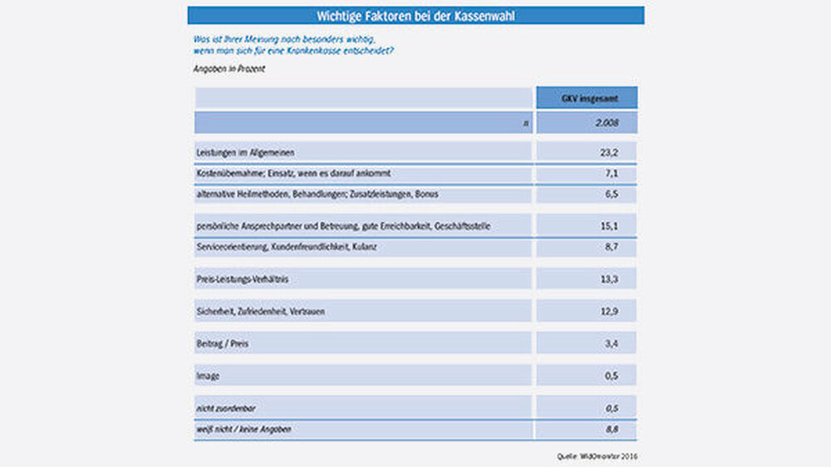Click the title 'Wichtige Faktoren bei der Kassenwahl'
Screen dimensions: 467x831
(415, 16)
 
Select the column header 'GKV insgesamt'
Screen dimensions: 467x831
(587, 98)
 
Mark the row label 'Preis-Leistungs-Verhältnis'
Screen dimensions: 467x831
(241, 278)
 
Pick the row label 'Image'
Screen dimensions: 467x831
(208, 376)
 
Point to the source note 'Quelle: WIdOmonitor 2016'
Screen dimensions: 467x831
(598, 455)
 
